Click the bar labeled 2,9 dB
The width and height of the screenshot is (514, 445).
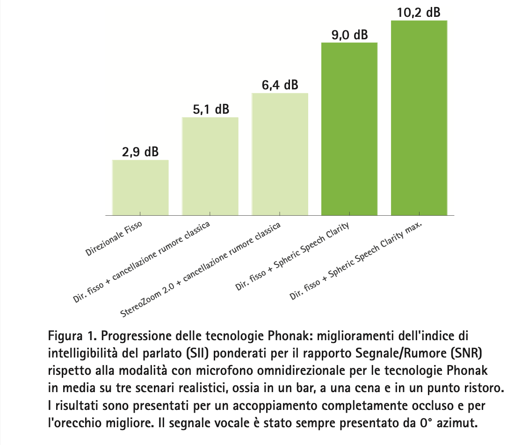140,187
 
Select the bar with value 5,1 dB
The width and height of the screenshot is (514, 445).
210,166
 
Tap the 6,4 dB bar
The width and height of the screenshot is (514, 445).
280,154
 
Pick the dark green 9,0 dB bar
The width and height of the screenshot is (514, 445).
349,129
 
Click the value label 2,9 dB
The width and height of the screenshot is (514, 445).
140,152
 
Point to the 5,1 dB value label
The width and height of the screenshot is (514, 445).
210,109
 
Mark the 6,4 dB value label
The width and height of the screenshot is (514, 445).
280,85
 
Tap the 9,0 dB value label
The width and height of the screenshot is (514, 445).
349,35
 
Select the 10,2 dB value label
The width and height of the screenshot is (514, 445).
419,13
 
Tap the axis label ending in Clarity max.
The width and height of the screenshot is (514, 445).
356,261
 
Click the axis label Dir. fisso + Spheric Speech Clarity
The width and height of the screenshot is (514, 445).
293,256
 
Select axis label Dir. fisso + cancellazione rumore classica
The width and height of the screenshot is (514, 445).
142,261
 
